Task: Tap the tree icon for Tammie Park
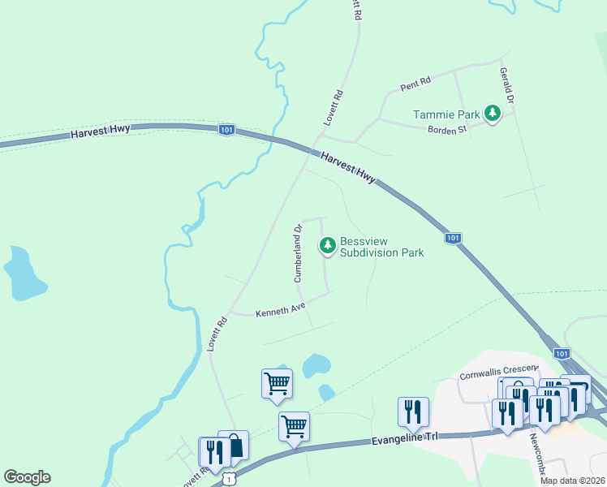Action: point(492,114)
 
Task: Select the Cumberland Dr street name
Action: point(297,253)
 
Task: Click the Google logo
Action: point(27,477)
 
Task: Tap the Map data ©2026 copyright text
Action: point(573,481)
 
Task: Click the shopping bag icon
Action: point(234,446)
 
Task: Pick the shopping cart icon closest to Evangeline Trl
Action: point(294,427)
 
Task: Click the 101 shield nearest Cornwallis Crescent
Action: point(562,353)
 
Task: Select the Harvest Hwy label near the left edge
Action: point(100,132)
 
